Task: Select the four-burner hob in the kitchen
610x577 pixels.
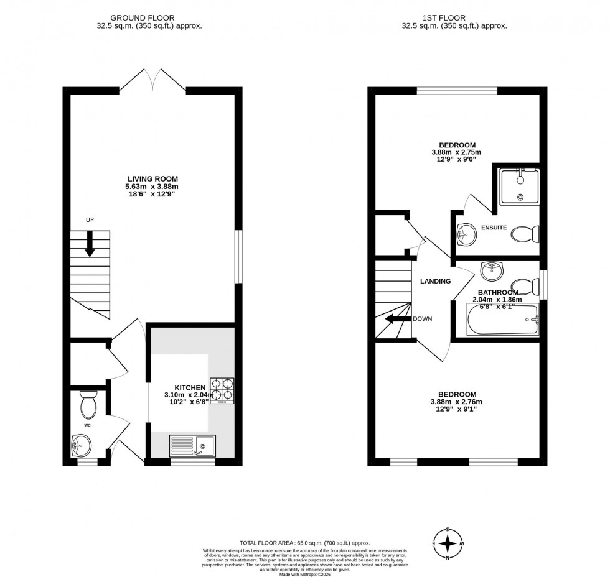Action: tap(222, 391)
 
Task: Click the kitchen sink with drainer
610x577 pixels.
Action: tap(192, 446)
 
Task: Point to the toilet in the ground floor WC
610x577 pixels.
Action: tap(88, 405)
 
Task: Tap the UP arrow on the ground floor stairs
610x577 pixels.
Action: tap(90, 242)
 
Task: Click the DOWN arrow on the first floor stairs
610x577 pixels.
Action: tap(394, 319)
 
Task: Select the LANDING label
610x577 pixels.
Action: tap(435, 281)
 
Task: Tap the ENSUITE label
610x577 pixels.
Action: tap(494, 228)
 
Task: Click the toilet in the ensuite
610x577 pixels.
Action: tap(525, 234)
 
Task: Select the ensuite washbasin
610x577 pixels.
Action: tap(464, 234)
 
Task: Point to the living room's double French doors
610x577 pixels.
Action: tap(152, 81)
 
